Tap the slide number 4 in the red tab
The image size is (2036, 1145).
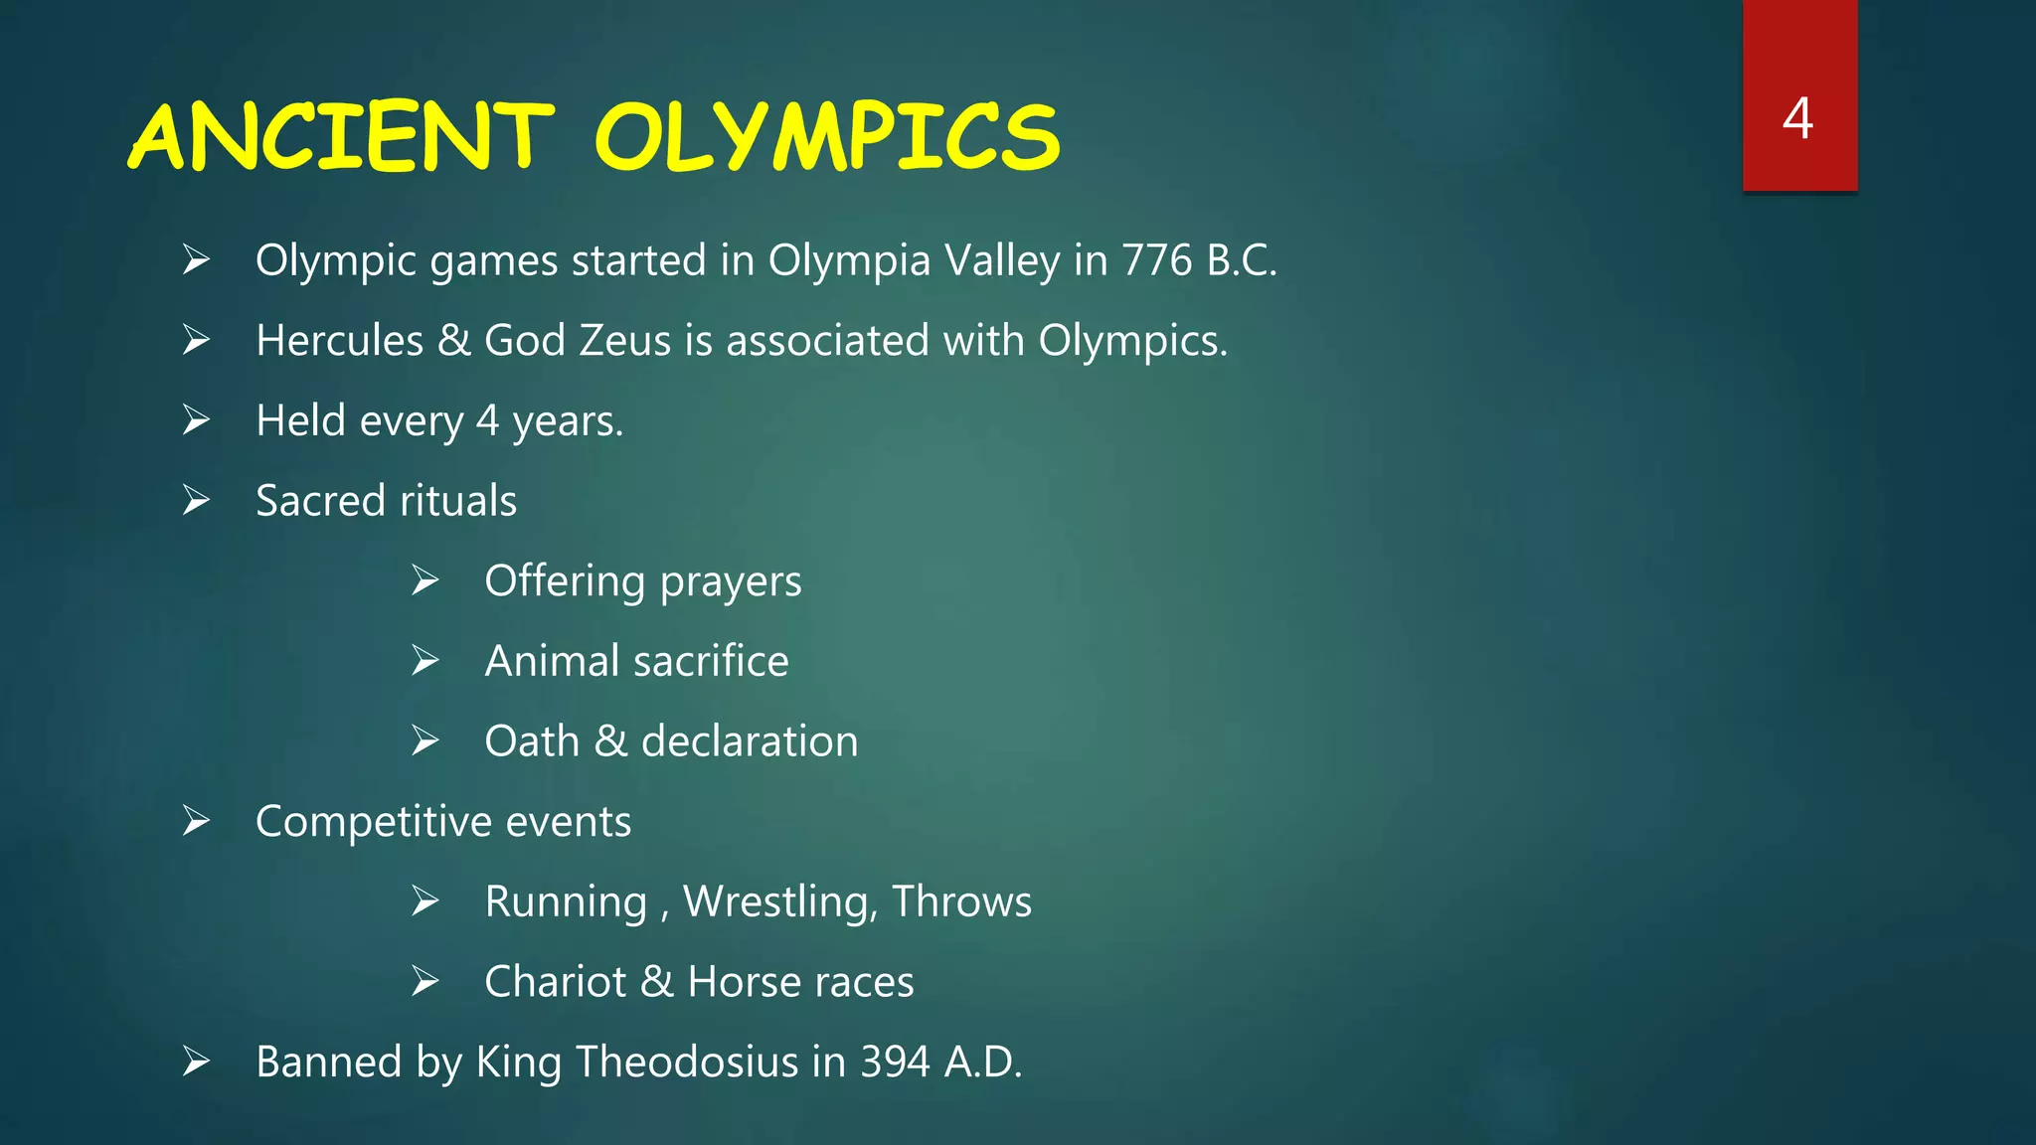1797,118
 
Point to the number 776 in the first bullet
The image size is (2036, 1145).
1156,260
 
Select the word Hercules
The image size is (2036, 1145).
340,341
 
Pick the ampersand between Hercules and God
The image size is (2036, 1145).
454,341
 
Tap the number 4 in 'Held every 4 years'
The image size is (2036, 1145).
487,420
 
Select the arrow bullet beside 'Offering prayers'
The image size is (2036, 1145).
425,580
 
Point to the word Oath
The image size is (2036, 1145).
532,741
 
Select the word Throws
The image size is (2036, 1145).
962,901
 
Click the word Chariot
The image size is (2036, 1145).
555,982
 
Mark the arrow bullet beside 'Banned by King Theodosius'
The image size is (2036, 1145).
197,1062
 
